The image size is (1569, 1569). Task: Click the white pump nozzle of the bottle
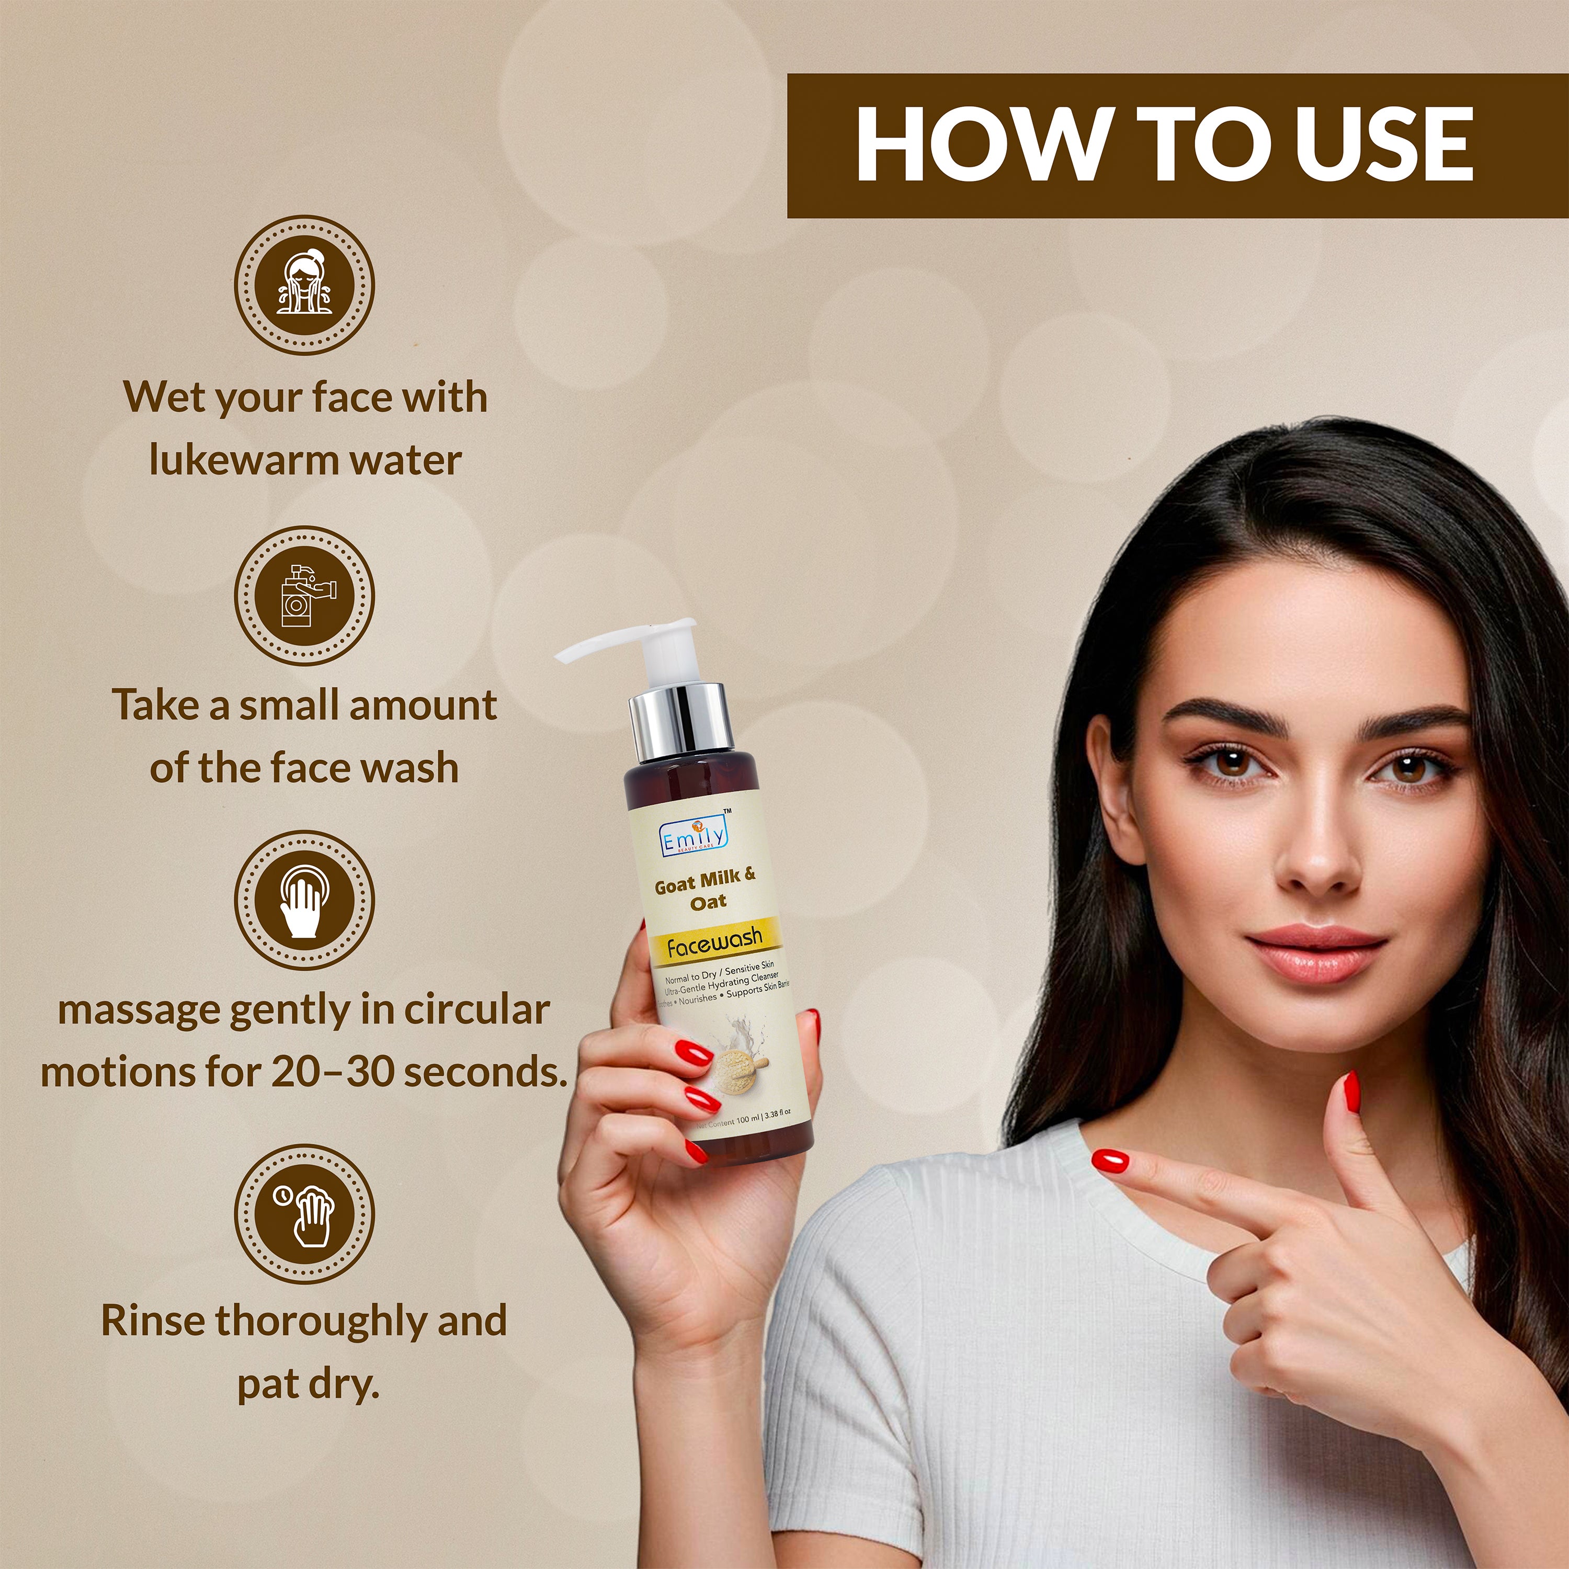pyautogui.click(x=617, y=642)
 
